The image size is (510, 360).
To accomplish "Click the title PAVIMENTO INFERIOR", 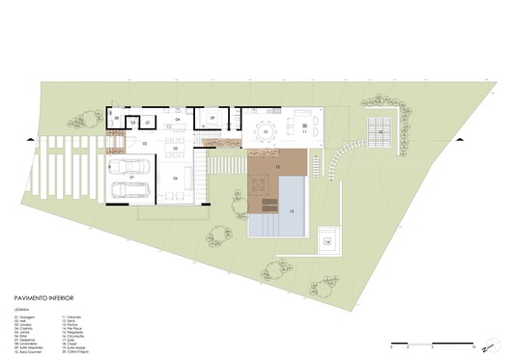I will pyautogui.click(x=47, y=299).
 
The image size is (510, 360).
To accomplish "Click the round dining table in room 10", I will pyautogui.click(x=264, y=130).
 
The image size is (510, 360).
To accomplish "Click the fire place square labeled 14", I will pyautogui.click(x=327, y=240).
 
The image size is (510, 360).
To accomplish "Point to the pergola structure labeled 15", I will pyautogui.click(x=381, y=130).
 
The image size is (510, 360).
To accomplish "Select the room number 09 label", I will pyautogui.click(x=212, y=120).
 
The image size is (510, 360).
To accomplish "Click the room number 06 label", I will pyautogui.click(x=176, y=179).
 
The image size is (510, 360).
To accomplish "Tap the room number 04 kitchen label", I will pyautogui.click(x=177, y=119).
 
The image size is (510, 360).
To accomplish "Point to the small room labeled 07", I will pyautogui.click(x=148, y=123).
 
